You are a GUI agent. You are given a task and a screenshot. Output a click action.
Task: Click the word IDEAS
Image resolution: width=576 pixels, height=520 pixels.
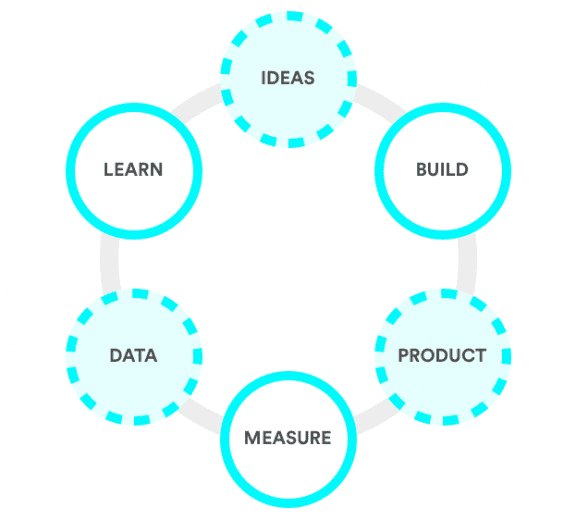[288, 78]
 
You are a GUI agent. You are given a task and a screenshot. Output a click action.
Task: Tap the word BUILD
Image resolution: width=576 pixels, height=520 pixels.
[442, 170]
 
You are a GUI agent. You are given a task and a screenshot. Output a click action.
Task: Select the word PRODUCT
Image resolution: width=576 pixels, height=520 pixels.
[442, 355]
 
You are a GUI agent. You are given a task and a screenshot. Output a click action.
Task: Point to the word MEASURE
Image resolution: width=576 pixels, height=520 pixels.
[288, 438]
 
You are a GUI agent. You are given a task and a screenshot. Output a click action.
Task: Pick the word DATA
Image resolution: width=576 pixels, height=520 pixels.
[133, 355]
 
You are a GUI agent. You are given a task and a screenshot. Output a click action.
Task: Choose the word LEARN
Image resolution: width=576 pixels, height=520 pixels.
[133, 170]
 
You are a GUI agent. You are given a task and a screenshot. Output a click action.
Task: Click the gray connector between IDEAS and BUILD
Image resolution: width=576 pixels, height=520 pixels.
[381, 98]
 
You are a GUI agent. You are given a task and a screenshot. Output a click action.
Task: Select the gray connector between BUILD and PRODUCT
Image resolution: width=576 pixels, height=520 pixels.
[467, 264]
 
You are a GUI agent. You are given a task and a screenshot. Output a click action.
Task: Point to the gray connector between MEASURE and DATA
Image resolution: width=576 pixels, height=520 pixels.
[200, 416]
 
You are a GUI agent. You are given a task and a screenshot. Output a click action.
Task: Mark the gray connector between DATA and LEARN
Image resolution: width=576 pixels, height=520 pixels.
[110, 264]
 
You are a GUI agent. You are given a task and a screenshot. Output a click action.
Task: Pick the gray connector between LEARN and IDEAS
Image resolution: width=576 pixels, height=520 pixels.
[197, 98]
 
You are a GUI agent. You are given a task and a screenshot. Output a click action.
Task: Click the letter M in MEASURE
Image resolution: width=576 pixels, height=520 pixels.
[252, 438]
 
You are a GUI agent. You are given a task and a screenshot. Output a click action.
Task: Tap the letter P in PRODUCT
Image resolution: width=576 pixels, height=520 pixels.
[404, 355]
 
